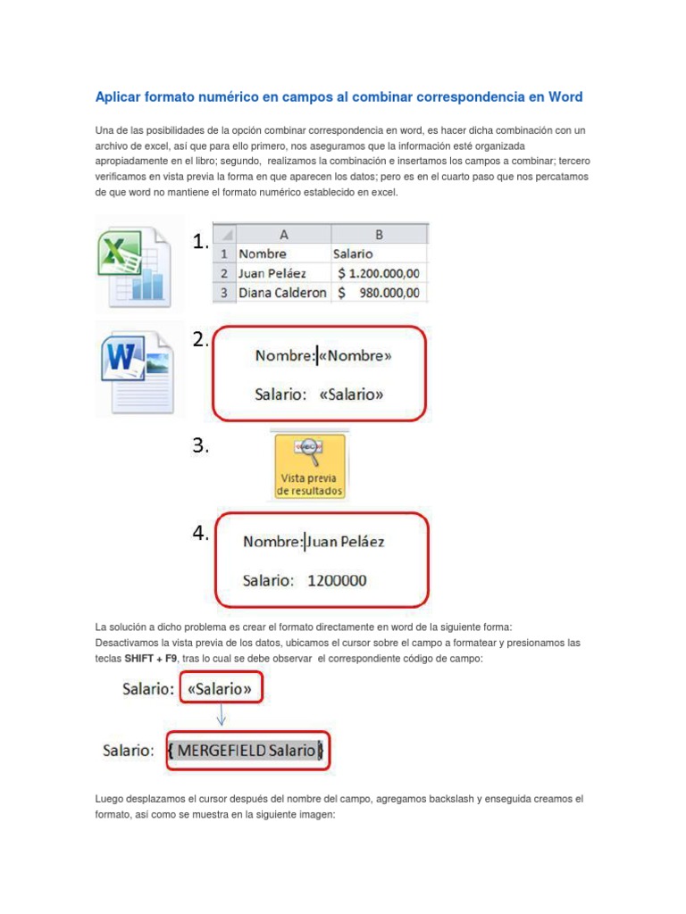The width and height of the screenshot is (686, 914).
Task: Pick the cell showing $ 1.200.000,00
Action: click(379, 273)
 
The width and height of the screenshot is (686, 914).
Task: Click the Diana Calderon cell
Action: click(281, 293)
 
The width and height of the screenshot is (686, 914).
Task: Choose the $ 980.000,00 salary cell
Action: click(379, 293)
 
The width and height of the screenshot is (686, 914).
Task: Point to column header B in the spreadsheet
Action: click(379, 234)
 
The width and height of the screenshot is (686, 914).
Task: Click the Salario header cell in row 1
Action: click(354, 253)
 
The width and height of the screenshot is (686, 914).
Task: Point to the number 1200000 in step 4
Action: click(337, 580)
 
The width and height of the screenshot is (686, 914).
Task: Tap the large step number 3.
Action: click(200, 447)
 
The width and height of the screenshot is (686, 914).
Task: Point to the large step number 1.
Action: click(200, 242)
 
